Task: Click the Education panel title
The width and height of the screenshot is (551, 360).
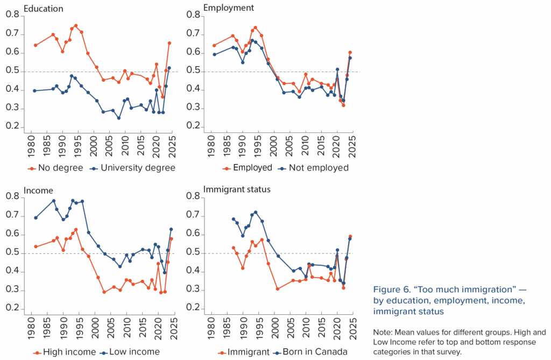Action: (44, 9)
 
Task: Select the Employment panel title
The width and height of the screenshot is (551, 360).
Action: (229, 8)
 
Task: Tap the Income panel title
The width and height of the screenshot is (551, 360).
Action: (39, 189)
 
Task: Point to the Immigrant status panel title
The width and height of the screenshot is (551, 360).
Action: (237, 189)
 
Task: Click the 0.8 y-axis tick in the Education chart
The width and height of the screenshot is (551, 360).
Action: (12, 16)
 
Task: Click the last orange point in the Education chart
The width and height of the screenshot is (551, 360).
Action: (169, 43)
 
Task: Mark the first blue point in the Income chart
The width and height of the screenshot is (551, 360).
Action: (36, 218)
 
